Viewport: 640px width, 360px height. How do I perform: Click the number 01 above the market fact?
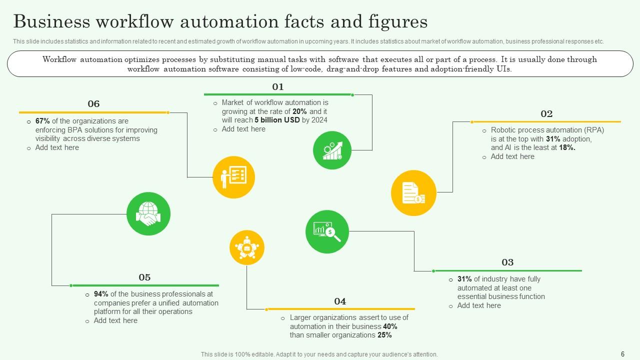pyautogui.click(x=277, y=87)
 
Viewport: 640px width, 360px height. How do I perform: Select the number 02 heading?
pyautogui.click(x=546, y=114)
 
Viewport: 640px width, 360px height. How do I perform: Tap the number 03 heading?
pyautogui.click(x=507, y=262)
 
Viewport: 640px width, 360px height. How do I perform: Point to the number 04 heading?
pyautogui.click(x=340, y=301)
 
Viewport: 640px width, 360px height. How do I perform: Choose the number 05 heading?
pyautogui.click(x=144, y=277)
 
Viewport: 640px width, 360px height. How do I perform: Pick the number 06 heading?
pyautogui.click(x=93, y=104)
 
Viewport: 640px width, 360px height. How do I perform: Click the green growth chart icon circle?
pyautogui.click(x=332, y=150)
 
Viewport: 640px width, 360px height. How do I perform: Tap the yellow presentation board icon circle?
pyautogui.click(x=233, y=177)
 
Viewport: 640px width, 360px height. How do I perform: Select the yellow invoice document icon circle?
pyautogui.click(x=413, y=193)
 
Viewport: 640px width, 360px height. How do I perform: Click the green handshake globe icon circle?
pyautogui.click(x=148, y=214)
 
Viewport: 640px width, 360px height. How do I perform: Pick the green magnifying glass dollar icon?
pyautogui.click(x=327, y=232)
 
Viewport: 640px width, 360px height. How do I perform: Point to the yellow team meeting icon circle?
pyautogui.click(x=246, y=247)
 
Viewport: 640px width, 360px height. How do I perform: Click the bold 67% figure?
pyautogui.click(x=42, y=121)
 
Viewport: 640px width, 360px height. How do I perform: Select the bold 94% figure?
pyautogui.click(x=101, y=294)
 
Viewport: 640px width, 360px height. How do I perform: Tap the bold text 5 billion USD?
pyautogui.click(x=277, y=120)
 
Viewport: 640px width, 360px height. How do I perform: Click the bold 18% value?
pyautogui.click(x=567, y=147)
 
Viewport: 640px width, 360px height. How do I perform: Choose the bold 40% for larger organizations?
pyautogui.click(x=390, y=326)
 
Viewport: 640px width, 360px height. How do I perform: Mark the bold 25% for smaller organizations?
pyautogui.click(x=384, y=335)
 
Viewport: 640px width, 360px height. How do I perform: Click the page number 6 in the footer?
pyautogui.click(x=622, y=354)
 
